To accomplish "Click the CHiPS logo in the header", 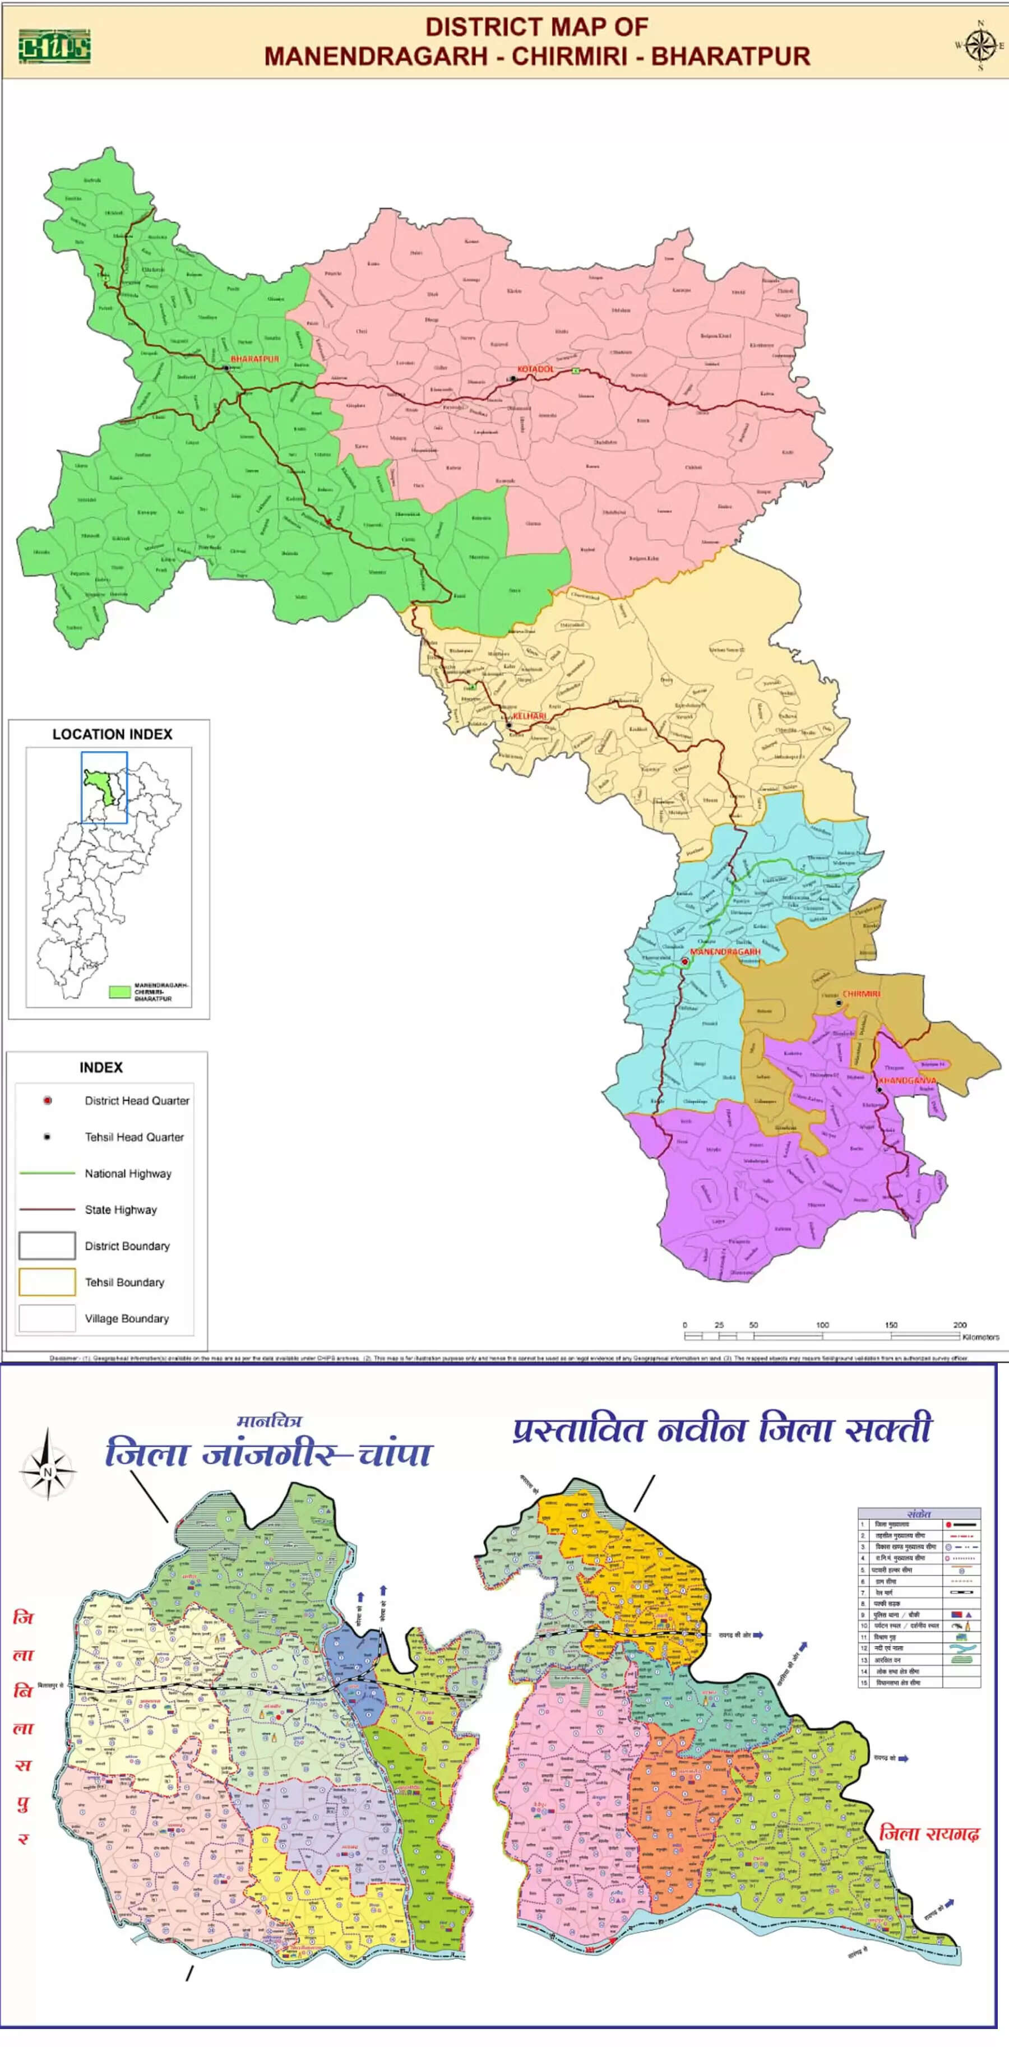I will coord(54,46).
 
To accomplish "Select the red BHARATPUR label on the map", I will coord(254,359).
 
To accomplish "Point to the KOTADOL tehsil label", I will coord(535,369).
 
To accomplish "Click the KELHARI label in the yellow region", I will coord(529,716).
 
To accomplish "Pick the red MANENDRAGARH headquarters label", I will coord(725,951).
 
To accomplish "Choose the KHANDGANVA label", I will coord(906,1081).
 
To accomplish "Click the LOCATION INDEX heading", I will coord(112,734).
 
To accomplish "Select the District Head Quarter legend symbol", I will coord(48,1101).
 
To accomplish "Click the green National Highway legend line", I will coord(47,1173).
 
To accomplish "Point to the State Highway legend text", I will coord(121,1210).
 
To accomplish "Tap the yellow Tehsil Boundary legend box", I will coord(47,1282).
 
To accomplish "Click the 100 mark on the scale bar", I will coord(822,1324).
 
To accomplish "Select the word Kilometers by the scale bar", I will coord(980,1337).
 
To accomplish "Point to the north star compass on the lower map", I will coord(48,1471).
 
